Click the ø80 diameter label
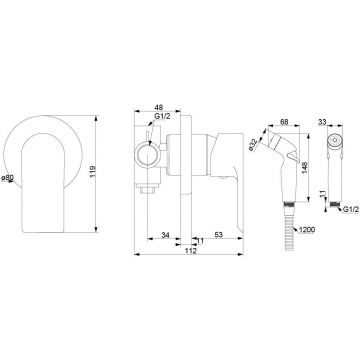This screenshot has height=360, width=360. coord(7,178)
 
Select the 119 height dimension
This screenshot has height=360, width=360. coord(93,171)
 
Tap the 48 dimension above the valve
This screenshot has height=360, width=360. coord(159,107)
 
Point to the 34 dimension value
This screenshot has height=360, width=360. coord(165,235)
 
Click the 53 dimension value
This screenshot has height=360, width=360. coord(218,235)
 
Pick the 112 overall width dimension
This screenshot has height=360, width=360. coord(190,251)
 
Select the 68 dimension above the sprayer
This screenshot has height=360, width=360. coord(284,122)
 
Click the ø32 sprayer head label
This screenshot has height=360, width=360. coord(254,145)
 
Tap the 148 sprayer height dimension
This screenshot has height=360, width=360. coord(305,168)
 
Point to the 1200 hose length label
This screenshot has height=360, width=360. coord(308,230)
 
